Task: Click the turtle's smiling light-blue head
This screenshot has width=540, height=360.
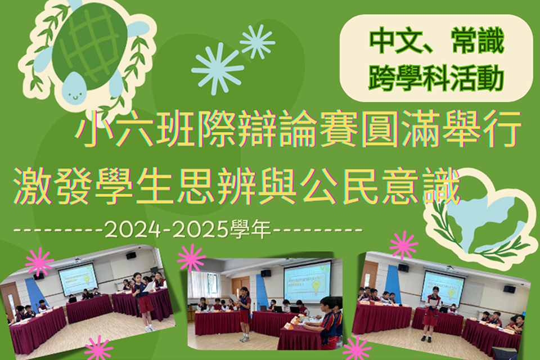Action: click(x=74, y=88)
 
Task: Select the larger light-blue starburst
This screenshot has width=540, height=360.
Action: click(x=218, y=69)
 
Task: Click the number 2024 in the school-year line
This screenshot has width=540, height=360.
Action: click(x=133, y=229)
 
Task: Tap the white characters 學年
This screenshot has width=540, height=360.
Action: click(x=250, y=229)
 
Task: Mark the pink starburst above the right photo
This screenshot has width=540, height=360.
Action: click(x=404, y=245)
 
